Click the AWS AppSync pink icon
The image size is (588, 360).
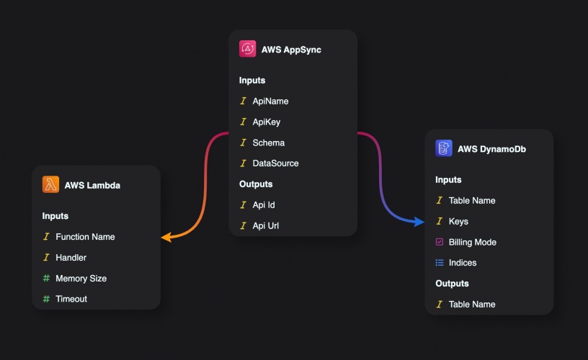pyautogui.click(x=247, y=49)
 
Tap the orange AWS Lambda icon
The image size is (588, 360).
pyautogui.click(x=50, y=184)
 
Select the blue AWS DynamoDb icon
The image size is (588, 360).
pyautogui.click(x=444, y=148)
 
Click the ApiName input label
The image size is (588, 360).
pyautogui.click(x=270, y=101)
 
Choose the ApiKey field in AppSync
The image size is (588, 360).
pyautogui.click(x=266, y=122)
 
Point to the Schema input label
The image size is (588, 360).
pyautogui.click(x=269, y=143)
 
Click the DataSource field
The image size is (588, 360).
pyautogui.click(x=275, y=163)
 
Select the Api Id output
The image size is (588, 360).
pyautogui.click(x=264, y=205)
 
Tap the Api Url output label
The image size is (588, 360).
pyautogui.click(x=265, y=226)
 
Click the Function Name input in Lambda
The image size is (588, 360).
pyautogui.click(x=85, y=237)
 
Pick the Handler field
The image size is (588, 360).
pyautogui.click(x=71, y=258)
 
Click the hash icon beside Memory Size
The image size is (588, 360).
pyautogui.click(x=46, y=279)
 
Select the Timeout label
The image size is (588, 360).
pyautogui.click(x=71, y=299)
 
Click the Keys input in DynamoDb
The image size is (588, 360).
pyautogui.click(x=458, y=221)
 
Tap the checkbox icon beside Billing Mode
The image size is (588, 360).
pyautogui.click(x=440, y=242)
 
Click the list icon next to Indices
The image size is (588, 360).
pyautogui.click(x=440, y=263)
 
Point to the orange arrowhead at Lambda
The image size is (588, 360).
pyautogui.click(x=166, y=237)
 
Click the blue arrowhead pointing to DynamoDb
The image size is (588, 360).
pyautogui.click(x=419, y=222)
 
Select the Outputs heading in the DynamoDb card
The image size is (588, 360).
pyautogui.click(x=452, y=284)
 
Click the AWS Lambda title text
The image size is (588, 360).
pyautogui.click(x=92, y=186)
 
